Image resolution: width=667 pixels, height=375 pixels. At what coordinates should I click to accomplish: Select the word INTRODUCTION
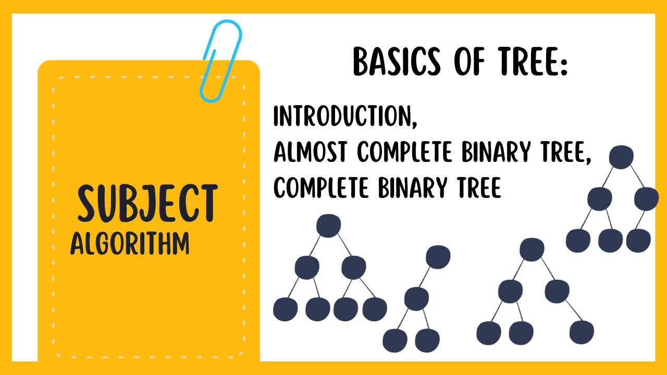tap(342, 117)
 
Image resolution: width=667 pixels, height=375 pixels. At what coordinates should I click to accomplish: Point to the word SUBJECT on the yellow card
tap(147, 203)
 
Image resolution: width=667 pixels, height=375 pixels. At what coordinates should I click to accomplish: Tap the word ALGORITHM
tap(130, 244)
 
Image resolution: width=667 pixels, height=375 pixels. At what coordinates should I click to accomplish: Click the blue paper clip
tap(221, 60)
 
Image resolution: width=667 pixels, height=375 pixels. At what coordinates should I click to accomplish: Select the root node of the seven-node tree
tap(328, 226)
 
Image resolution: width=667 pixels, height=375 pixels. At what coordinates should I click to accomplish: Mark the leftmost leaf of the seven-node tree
tap(285, 309)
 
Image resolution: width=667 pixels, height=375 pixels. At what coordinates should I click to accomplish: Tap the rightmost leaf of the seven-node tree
tap(374, 309)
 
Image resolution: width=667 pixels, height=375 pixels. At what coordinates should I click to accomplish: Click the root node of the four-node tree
tap(438, 257)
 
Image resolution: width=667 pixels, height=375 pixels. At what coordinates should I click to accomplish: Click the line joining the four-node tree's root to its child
tap(427, 278)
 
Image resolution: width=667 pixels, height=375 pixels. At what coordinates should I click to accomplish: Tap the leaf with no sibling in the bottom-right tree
tap(582, 332)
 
